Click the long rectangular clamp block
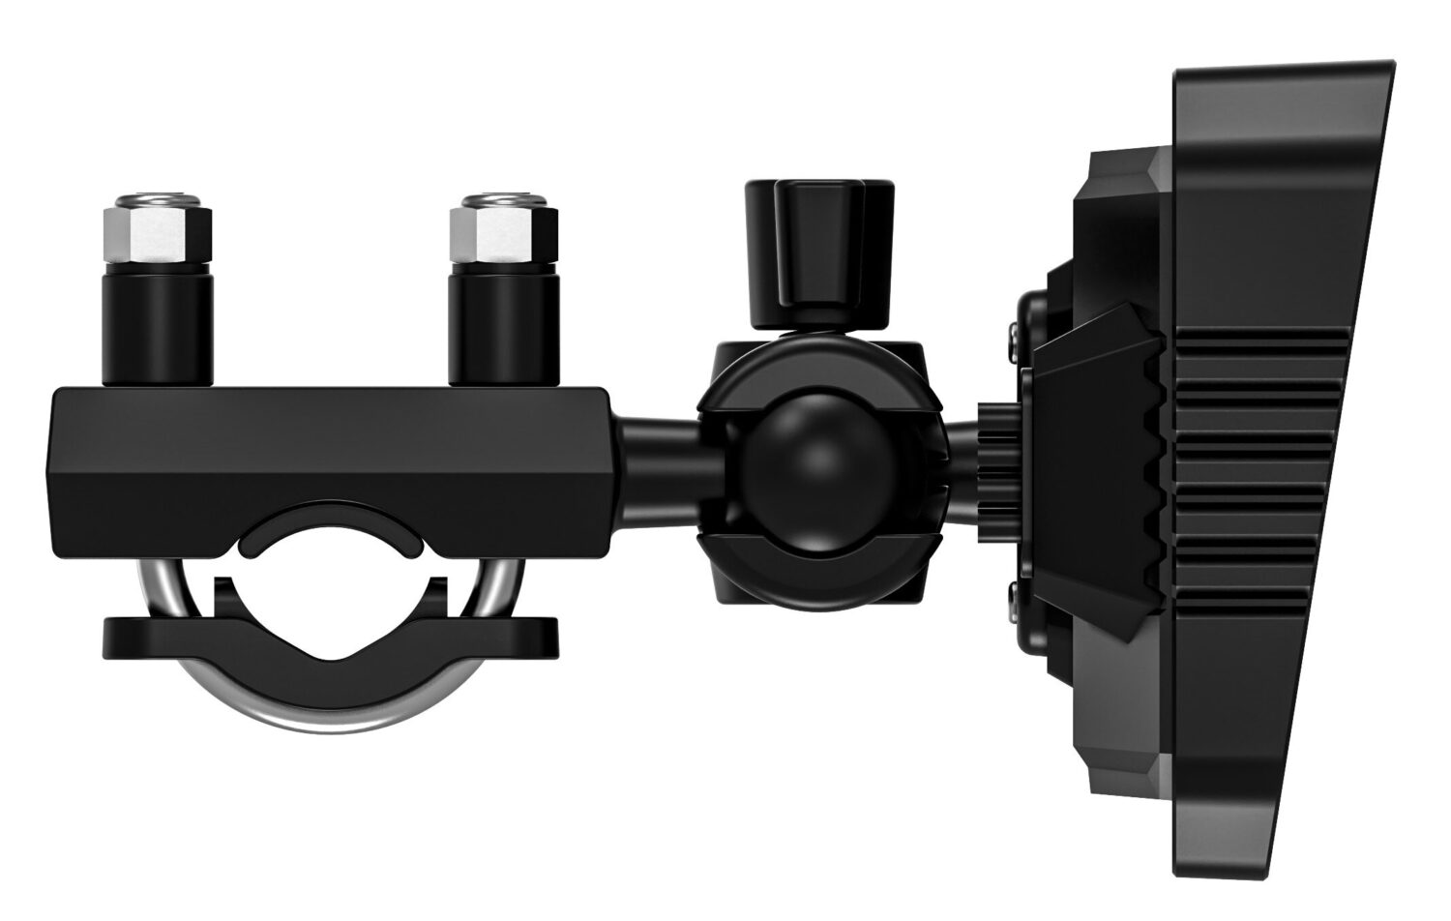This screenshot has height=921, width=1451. click(329, 445)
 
